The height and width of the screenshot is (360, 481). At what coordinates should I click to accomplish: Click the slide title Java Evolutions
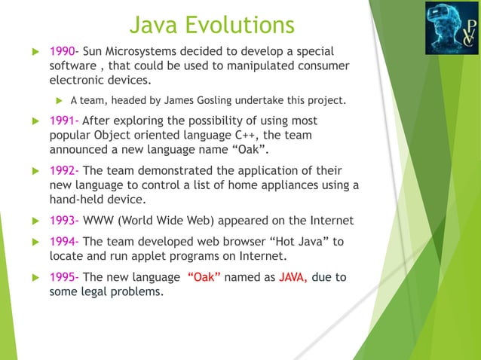212,24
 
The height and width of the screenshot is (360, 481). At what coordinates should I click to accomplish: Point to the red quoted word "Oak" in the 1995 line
203,277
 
